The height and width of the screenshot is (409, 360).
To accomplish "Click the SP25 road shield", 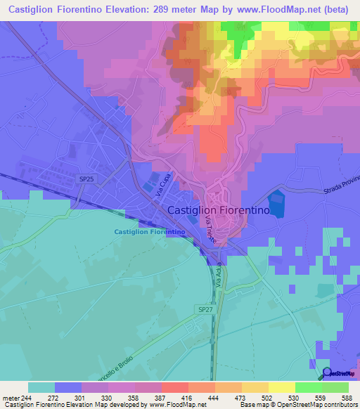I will point(86,180).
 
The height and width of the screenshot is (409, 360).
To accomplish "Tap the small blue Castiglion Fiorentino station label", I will point(149,231).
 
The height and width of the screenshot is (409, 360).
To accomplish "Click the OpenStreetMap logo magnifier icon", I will point(327,372).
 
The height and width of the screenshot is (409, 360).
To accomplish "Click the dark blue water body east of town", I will point(279,203).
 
